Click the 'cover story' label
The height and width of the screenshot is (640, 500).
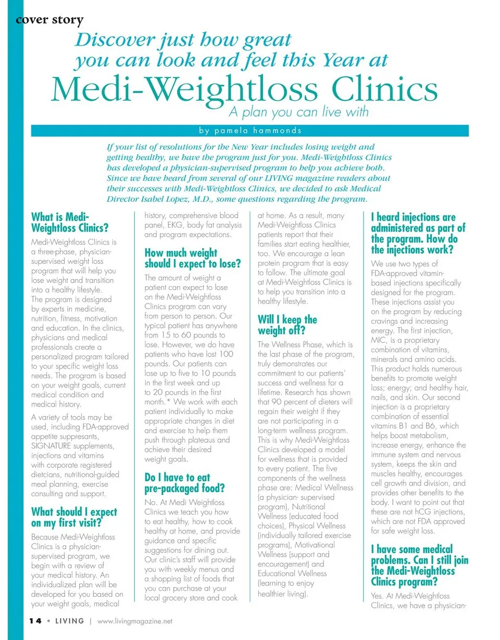[49, 20]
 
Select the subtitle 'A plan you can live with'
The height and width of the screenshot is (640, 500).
[298, 111]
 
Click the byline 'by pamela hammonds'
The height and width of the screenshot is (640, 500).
[249, 131]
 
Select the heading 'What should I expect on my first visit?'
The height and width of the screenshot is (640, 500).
[74, 517]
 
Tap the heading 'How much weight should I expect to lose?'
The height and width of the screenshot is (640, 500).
[193, 259]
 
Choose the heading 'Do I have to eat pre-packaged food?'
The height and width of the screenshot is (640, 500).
[184, 483]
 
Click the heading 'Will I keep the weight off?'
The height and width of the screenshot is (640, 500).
[287, 325]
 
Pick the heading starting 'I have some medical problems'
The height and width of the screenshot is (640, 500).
[419, 566]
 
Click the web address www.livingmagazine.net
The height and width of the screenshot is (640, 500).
[135, 621]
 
